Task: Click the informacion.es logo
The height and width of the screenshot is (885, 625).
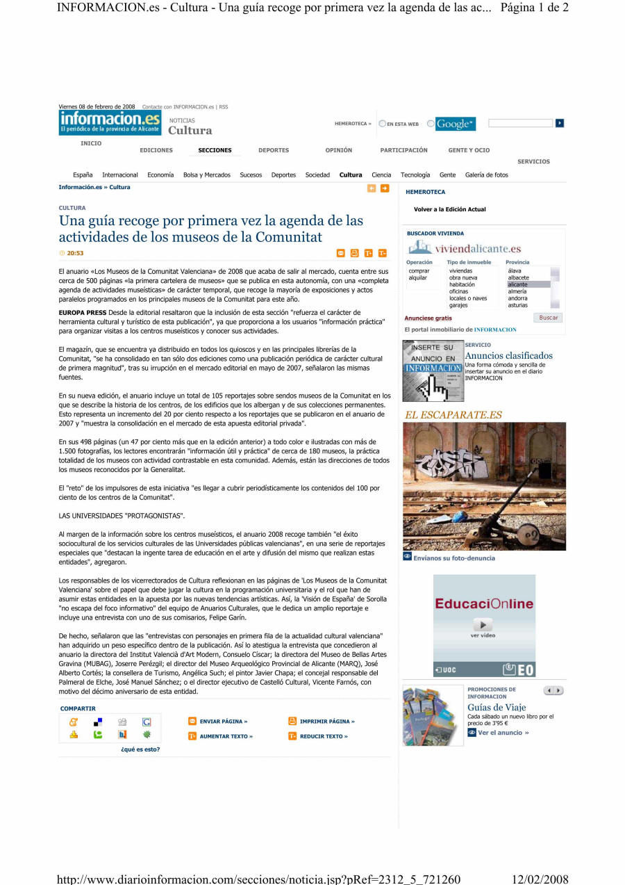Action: coord(110,123)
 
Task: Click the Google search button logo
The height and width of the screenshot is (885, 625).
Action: coord(455,124)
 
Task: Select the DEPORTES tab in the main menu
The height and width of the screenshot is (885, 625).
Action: coord(274,150)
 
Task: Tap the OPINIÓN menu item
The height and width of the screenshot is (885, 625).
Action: coord(338,150)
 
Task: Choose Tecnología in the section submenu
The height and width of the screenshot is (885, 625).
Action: coord(415,175)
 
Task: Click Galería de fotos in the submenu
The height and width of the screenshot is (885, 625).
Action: coord(486,175)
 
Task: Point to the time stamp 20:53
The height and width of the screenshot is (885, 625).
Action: coord(74,253)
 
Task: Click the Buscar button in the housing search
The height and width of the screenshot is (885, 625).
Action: coord(548,318)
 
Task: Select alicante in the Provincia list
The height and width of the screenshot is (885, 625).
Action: coord(517,284)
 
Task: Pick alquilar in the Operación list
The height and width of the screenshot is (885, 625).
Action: coord(418,277)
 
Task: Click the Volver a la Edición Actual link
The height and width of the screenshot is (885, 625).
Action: coord(449,209)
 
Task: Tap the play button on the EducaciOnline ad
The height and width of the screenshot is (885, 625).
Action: coord(483,625)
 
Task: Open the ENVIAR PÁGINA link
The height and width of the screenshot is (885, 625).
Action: coord(223,722)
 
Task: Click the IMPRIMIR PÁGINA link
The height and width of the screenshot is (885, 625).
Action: coord(326,722)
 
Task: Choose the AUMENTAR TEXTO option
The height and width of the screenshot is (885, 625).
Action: coord(226,736)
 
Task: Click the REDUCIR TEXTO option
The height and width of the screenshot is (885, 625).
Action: coord(324,736)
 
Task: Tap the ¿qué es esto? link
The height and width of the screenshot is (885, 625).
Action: coord(140,749)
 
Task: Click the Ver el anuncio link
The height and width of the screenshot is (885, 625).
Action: coord(503,733)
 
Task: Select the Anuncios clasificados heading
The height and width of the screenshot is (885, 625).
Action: coord(508,356)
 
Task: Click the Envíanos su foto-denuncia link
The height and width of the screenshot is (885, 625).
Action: coord(454,558)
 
